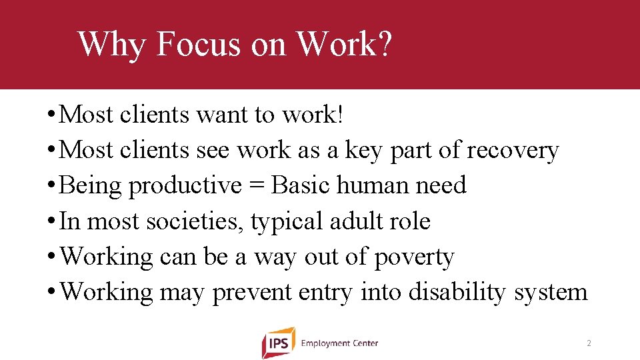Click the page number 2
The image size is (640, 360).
tap(589, 343)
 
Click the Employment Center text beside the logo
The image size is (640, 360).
tap(339, 343)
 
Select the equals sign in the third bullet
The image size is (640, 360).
tap(257, 186)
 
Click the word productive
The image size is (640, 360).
tap(185, 186)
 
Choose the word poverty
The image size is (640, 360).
tap(414, 257)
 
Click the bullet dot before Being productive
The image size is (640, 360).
tap(51, 186)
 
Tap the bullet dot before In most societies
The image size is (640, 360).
tap(51, 221)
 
